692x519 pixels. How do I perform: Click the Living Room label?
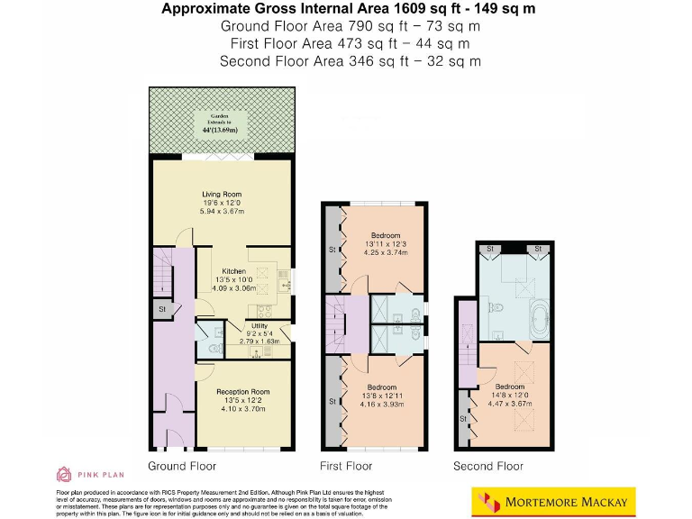(x=221, y=194)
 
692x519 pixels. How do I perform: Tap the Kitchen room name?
(x=233, y=270)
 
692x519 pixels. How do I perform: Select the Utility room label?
(x=259, y=325)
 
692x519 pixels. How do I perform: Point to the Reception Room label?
(x=242, y=392)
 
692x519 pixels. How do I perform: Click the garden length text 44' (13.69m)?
(x=221, y=130)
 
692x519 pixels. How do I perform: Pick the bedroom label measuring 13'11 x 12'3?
(x=386, y=235)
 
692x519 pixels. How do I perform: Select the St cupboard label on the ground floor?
(x=163, y=310)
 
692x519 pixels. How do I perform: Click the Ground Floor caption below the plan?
(x=182, y=466)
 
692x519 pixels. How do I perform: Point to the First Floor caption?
(x=346, y=466)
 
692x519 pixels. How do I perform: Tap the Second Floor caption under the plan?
(x=488, y=466)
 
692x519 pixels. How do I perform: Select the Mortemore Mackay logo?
(x=560, y=501)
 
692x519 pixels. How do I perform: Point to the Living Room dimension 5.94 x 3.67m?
(x=221, y=212)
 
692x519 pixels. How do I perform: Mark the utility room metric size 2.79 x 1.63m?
(x=259, y=341)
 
